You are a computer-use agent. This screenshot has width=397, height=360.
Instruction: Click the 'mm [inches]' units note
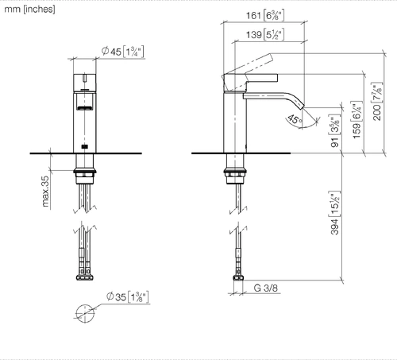tap(29, 10)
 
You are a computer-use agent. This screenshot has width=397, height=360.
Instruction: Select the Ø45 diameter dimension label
tap(123, 52)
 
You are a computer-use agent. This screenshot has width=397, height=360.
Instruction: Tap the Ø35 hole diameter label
tap(127, 296)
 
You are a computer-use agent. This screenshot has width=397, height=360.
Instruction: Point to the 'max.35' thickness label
tap(45, 191)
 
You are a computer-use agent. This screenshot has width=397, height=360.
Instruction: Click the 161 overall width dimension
tap(265, 16)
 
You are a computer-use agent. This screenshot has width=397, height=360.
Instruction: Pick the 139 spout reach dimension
tap(265, 35)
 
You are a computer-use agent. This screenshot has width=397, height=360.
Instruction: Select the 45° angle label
tap(295, 119)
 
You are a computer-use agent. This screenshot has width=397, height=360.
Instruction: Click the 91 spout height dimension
tap(335, 130)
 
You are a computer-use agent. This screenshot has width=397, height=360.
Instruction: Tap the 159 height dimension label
tap(357, 119)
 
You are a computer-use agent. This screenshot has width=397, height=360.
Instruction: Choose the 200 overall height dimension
tap(377, 101)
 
